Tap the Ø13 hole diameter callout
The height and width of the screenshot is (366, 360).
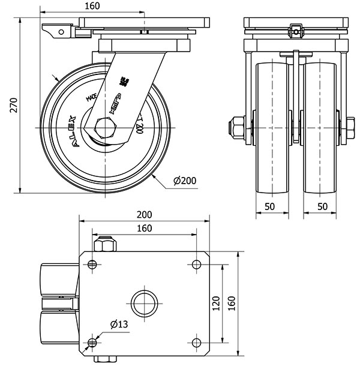point(119,325)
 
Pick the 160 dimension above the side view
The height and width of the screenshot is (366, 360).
point(92,6)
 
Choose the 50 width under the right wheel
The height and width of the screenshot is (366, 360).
point(322,206)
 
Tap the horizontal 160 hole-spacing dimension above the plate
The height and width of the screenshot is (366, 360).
point(145,229)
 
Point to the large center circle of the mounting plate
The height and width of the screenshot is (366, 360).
point(145,302)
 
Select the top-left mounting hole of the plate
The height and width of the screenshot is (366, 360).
point(92,265)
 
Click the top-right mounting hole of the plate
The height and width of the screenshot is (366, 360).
point(197,265)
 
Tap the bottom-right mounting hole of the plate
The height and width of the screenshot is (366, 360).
point(197,343)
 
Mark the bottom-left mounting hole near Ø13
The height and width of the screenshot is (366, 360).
point(92,343)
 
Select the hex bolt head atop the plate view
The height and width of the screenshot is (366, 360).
point(106,245)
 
